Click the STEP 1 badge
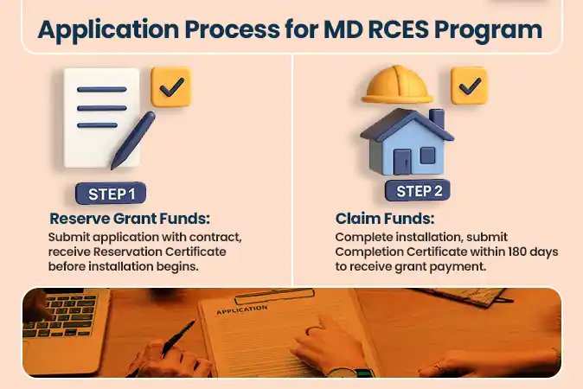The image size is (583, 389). click(112, 194)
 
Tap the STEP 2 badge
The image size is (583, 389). click(419, 191)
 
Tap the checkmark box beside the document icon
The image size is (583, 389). click(170, 86)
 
